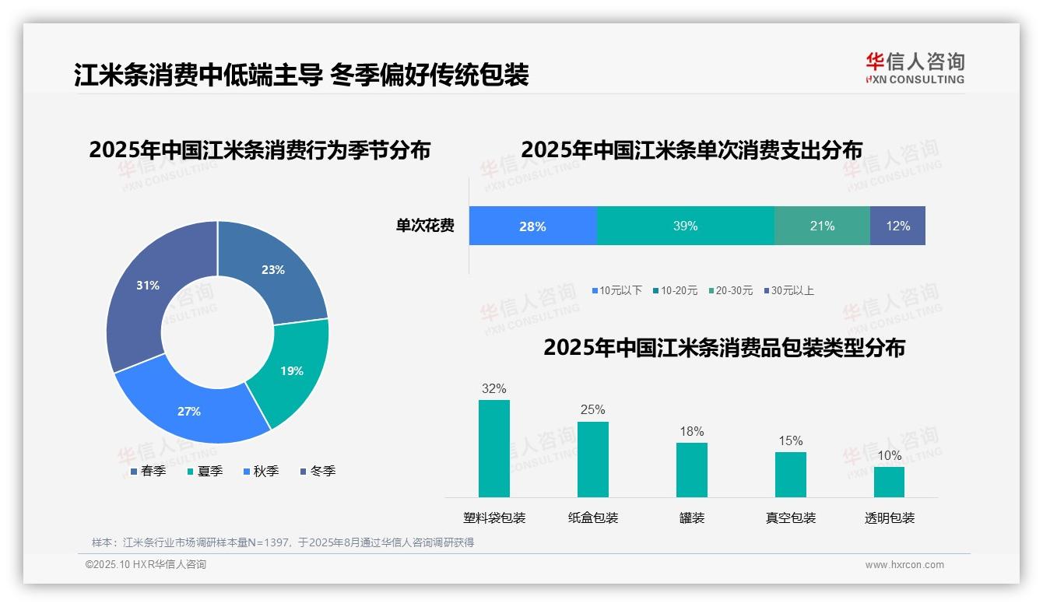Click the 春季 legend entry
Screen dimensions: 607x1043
147,471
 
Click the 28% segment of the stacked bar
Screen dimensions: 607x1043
532,226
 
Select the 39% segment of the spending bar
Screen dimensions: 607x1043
685,226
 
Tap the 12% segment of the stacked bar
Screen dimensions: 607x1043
897,226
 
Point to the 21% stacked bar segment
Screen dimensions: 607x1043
822,226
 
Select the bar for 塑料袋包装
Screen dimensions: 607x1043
494,448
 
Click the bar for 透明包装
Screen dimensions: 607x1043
889,482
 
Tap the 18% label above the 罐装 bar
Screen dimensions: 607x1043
691,431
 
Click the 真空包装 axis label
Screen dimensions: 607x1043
790,518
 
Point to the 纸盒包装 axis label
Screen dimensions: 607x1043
593,518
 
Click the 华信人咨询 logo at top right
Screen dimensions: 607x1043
915,68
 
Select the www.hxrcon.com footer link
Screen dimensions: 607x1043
904,565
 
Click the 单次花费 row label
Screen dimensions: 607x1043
425,226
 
